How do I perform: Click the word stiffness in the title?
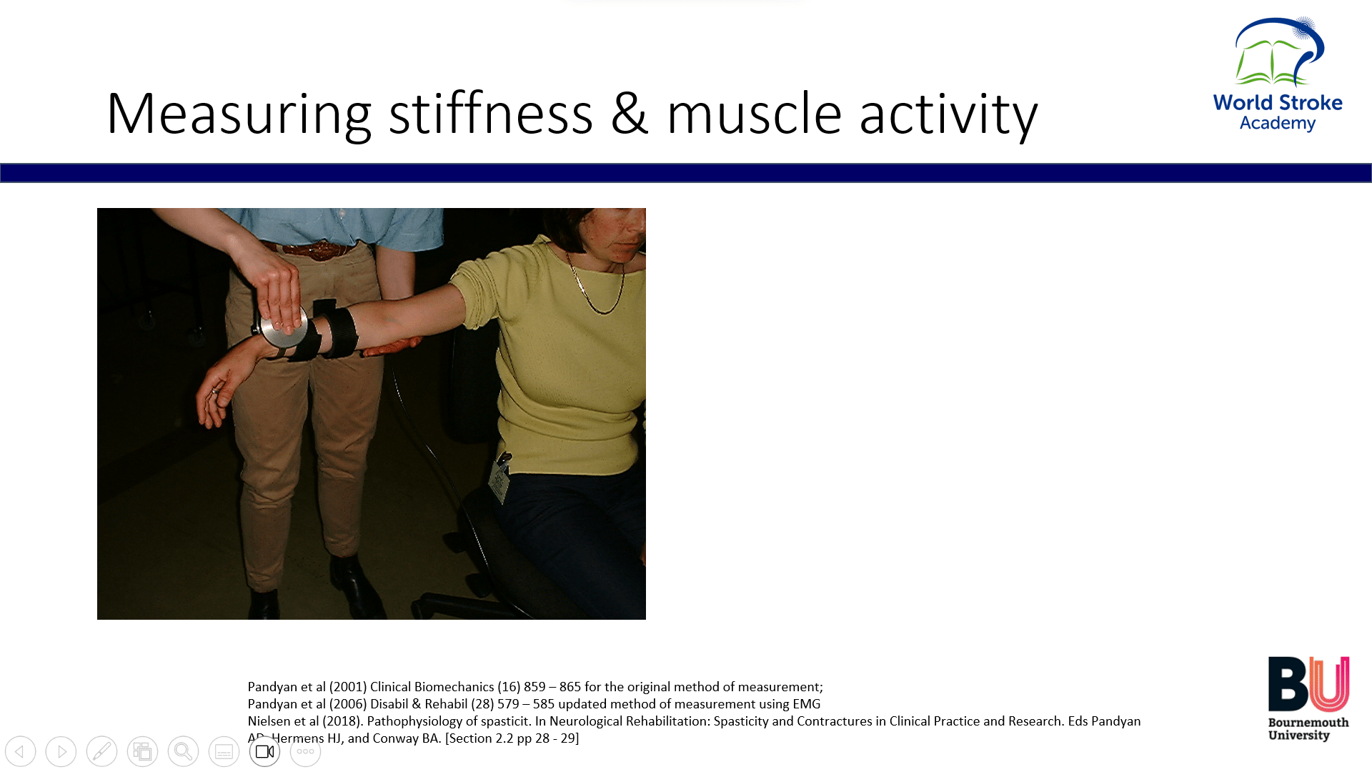point(491,113)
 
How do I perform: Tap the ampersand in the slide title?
point(630,114)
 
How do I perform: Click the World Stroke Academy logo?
point(1278,74)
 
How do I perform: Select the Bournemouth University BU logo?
point(1308,698)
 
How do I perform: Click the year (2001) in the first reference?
point(348,687)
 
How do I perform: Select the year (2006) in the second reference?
point(348,704)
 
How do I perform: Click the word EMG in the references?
point(806,704)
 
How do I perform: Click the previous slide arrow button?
point(21,752)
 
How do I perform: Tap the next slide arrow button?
point(61,752)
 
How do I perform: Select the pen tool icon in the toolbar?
point(102,752)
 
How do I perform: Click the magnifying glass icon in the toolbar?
point(184,752)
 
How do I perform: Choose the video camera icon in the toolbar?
point(265,752)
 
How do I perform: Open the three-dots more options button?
point(306,752)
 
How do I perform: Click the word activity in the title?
point(948,114)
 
